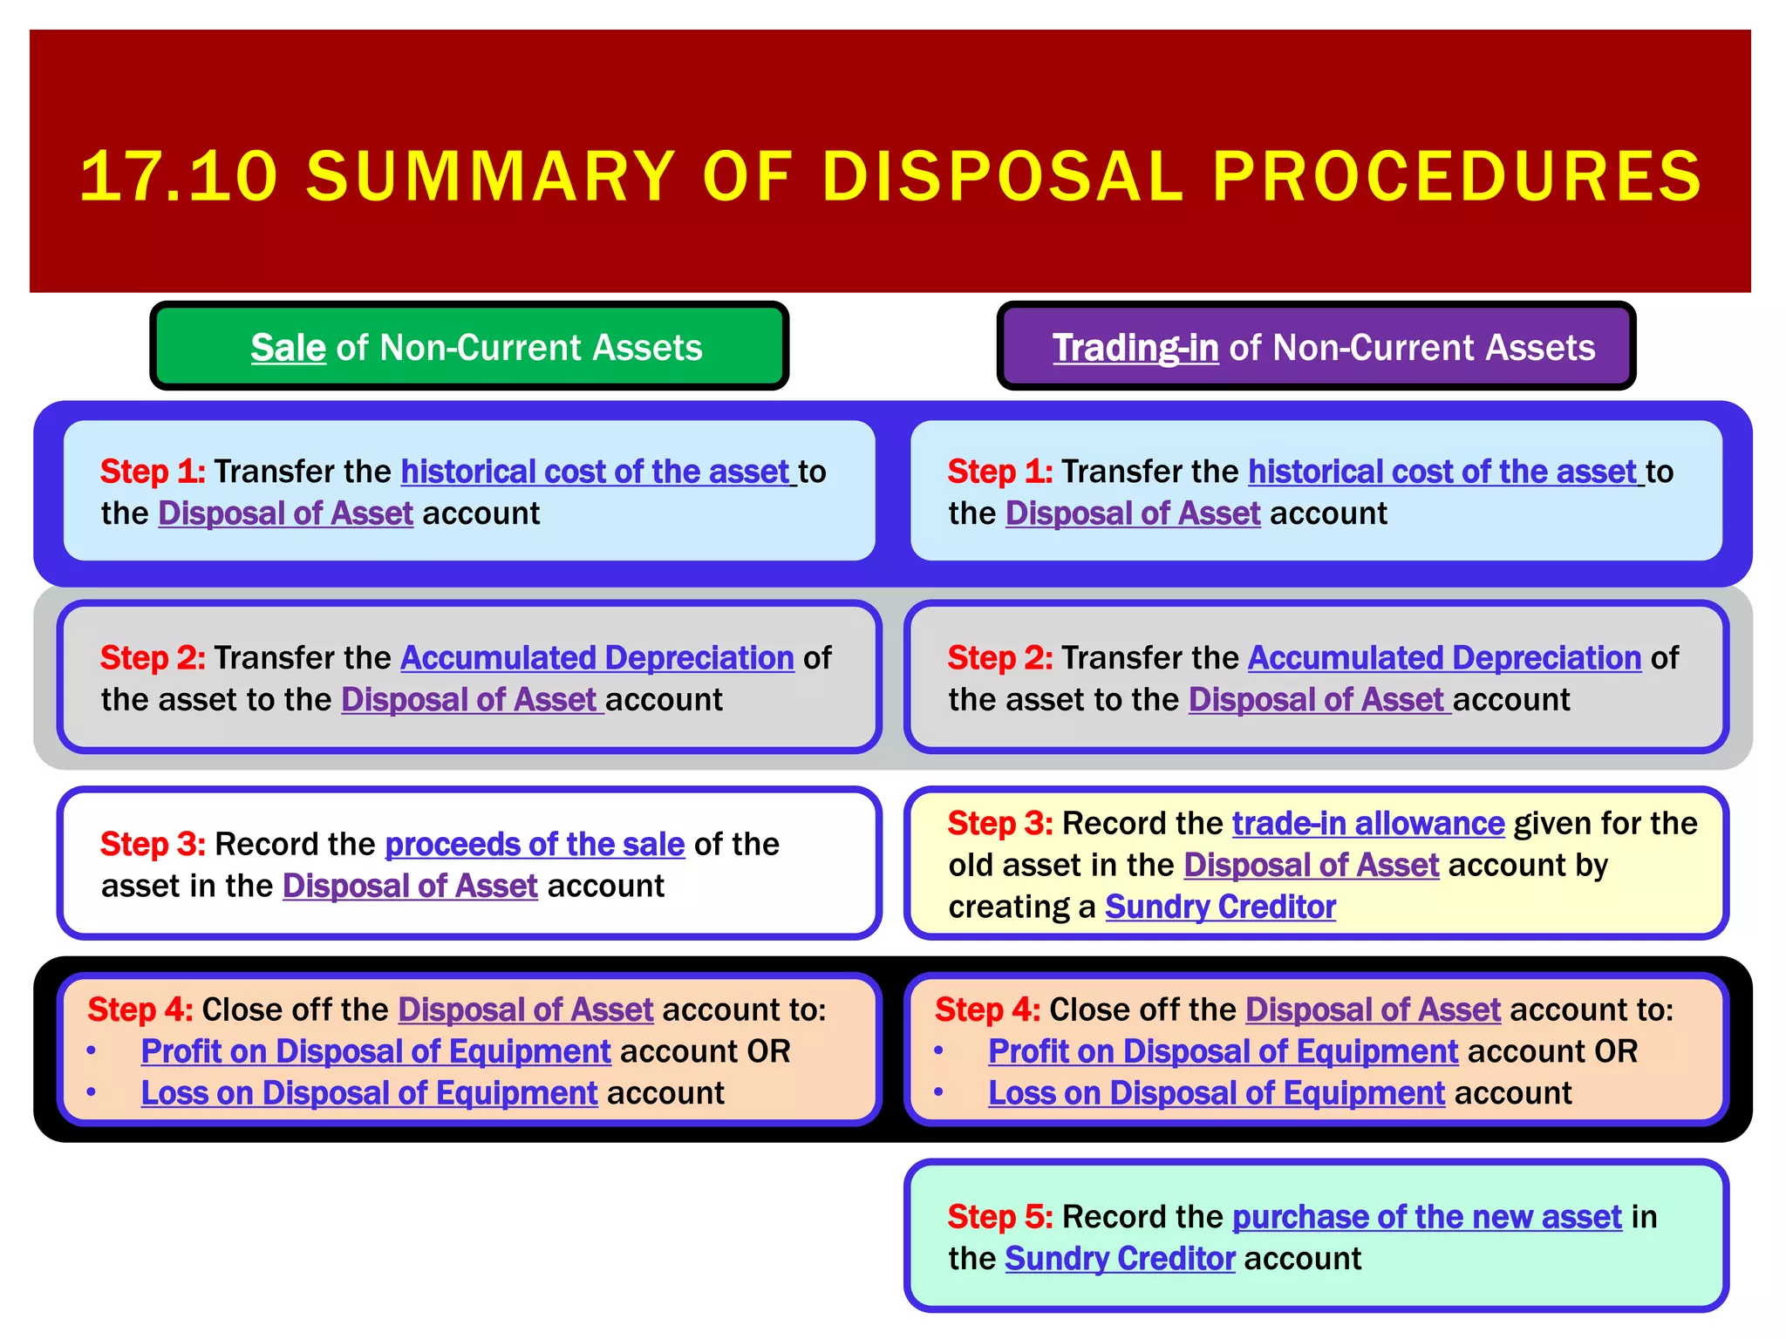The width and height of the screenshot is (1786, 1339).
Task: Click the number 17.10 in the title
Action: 179,177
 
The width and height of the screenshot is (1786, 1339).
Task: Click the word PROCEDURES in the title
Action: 1456,177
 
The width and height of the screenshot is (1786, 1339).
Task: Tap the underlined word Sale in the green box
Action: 288,348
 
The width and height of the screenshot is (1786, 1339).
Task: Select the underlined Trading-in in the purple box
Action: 1135,348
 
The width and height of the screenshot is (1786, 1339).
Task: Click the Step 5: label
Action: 999,1217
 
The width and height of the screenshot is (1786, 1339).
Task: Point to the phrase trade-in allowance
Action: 1367,824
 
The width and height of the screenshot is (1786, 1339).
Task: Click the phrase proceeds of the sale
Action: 535,845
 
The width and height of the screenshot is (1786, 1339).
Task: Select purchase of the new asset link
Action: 1427,1217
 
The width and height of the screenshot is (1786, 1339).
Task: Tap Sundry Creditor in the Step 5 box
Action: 1120,1259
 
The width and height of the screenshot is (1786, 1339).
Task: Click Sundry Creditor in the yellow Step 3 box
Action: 1220,907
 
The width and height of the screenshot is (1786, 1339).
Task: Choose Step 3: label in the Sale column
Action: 153,845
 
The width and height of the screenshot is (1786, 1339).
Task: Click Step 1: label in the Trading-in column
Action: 999,472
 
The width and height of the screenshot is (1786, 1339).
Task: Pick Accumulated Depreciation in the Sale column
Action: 596,658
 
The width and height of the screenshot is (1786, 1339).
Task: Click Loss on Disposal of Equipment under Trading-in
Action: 1217,1093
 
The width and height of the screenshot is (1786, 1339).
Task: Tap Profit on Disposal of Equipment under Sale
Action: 376,1051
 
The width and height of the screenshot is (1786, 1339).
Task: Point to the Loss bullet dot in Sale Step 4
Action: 92,1091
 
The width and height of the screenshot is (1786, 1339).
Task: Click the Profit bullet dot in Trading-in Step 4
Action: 938,1050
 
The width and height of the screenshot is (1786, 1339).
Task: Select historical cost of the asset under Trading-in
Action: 1442,472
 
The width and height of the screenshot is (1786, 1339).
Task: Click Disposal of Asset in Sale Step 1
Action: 285,513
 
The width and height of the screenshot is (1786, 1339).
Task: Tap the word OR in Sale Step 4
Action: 768,1051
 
